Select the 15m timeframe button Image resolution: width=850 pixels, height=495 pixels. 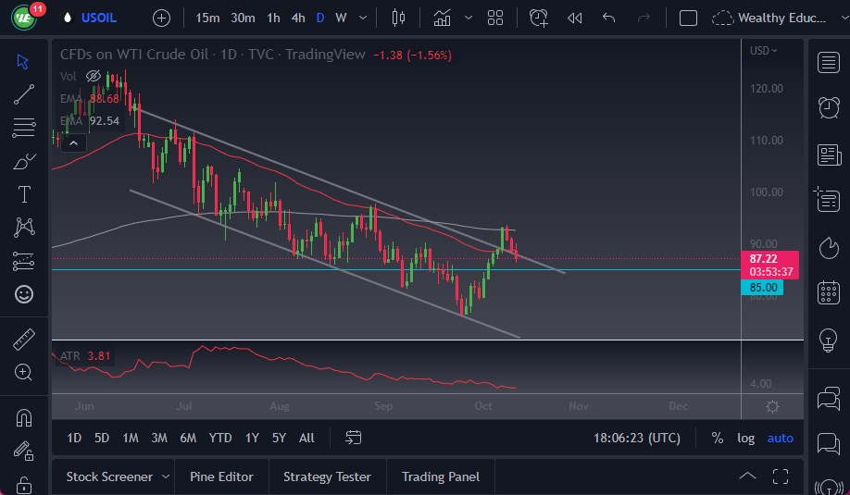pyautogui.click(x=208, y=18)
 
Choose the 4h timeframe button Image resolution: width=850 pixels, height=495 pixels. pyautogui.click(x=297, y=18)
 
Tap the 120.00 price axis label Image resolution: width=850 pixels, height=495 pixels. pyautogui.click(x=768, y=89)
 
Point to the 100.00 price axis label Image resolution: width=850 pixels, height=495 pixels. pyautogui.click(x=768, y=192)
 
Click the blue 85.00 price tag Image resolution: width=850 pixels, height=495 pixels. pyautogui.click(x=765, y=288)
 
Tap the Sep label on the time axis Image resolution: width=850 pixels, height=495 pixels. pyautogui.click(x=383, y=406)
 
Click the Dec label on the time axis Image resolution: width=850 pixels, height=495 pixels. pyautogui.click(x=678, y=406)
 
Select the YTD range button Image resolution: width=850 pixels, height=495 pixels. pyautogui.click(x=220, y=438)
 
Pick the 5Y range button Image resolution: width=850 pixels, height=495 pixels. pyautogui.click(x=279, y=438)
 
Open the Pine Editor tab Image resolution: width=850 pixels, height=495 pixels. pyautogui.click(x=221, y=476)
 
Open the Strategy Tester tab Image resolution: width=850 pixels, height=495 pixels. pyautogui.click(x=327, y=476)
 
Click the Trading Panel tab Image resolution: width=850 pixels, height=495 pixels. pyautogui.click(x=441, y=476)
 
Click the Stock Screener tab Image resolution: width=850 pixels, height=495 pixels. pyautogui.click(x=109, y=476)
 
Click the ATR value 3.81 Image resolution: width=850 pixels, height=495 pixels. pyautogui.click(x=97, y=355)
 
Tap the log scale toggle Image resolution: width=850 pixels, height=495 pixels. pyautogui.click(x=745, y=438)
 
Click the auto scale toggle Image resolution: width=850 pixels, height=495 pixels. pyautogui.click(x=781, y=438)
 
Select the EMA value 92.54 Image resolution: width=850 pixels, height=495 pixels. pyautogui.click(x=104, y=121)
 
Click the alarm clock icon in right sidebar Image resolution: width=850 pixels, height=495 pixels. pyautogui.click(x=829, y=108)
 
